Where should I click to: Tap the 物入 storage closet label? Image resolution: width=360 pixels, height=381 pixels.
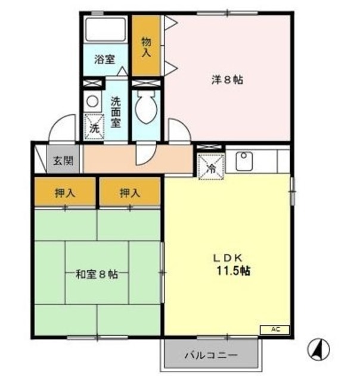146,46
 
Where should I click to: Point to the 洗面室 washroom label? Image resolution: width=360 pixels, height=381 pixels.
116,111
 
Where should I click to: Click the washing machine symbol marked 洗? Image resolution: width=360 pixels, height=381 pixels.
94,126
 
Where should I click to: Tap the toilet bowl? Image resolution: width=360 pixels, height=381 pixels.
145,109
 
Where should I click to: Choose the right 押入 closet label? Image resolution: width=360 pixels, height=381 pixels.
129,192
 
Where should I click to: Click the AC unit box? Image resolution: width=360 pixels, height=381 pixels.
274,329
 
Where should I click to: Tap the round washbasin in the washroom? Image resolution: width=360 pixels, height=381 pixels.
92,101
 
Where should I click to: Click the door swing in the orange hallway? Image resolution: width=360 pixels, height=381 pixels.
144,154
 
